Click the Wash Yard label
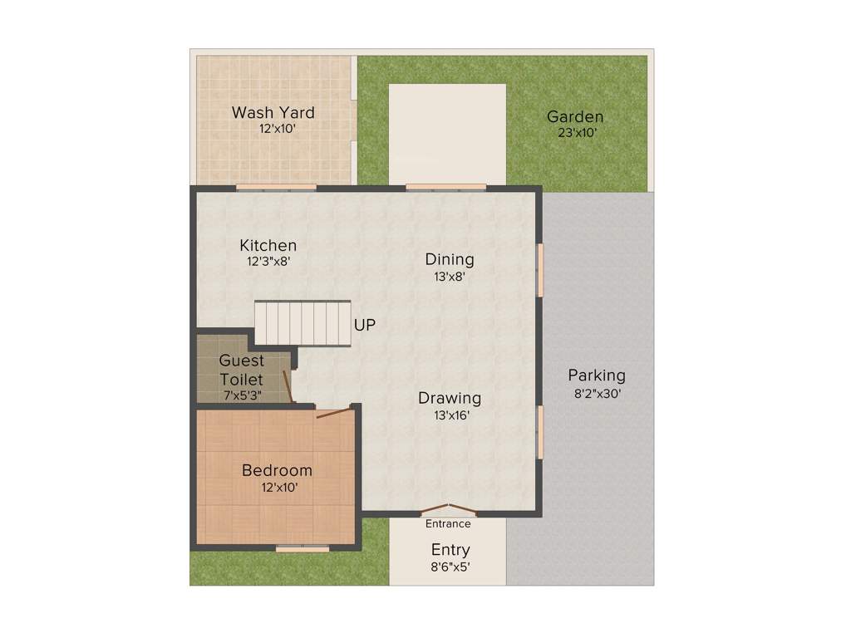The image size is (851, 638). coord(273,112)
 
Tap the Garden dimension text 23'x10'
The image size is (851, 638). coord(575,132)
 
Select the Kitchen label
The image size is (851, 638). coord(268,245)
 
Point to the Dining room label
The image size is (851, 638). coord(449,259)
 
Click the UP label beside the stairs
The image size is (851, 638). coord(365,325)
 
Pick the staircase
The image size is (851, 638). coord(303,323)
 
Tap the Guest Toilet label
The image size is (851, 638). coord(242,370)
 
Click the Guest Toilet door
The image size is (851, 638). coord(288,387)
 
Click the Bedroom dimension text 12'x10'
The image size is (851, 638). coord(277,488)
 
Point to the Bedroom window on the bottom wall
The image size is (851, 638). coord(302,548)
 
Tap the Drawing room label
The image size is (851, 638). coord(449,398)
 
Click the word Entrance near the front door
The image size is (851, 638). coord(448,524)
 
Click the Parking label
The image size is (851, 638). coord(597,375)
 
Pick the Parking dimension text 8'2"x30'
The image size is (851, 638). coord(598,395)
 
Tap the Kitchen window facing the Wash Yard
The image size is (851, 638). coord(276,188)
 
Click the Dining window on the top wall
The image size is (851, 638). coord(446,188)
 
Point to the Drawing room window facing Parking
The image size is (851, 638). coord(540,431)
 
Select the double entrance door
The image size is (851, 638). coord(449,508)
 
